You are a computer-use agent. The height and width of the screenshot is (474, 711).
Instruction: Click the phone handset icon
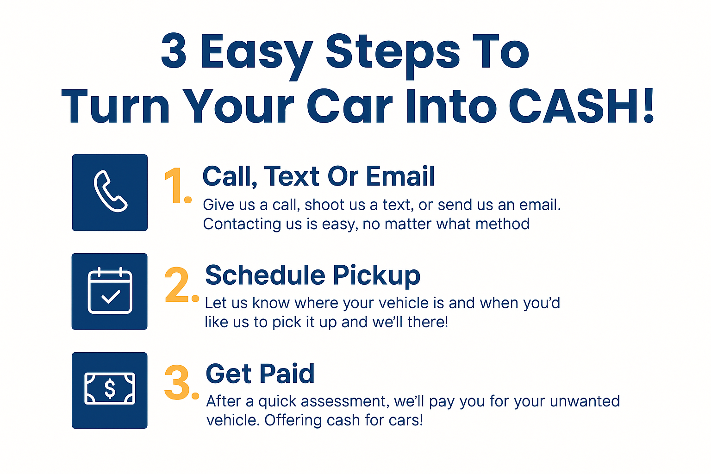pos(110,192)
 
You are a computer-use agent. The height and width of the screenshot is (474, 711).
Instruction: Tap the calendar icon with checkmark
pos(110,291)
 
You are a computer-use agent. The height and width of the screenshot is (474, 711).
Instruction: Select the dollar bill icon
pos(110,389)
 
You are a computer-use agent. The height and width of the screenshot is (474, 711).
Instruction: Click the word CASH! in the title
pos(581,106)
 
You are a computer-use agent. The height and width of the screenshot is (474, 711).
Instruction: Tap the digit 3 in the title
pos(174,52)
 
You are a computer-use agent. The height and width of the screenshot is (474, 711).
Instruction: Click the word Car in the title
pos(349,106)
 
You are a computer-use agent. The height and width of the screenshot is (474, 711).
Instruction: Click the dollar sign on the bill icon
pos(110,389)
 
